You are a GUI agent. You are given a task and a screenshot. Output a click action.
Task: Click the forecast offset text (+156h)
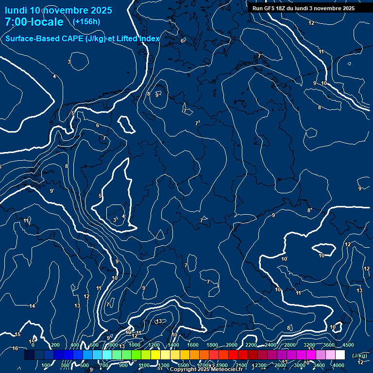click(x=86, y=21)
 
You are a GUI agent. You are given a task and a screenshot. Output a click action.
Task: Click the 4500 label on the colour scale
click(x=348, y=345)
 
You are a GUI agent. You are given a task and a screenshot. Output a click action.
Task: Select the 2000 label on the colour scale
click(x=232, y=345)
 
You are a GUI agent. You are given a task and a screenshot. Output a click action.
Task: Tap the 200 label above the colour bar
click(x=55, y=345)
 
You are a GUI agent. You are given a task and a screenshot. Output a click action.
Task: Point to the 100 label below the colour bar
click(x=46, y=365)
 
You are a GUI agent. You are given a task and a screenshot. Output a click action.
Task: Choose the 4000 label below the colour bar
click(x=339, y=365)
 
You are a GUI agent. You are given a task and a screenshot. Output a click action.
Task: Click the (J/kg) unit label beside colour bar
click(x=360, y=356)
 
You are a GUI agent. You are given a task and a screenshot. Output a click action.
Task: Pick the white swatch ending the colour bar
click(x=340, y=355)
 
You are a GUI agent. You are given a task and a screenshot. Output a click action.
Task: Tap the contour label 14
click(x=32, y=306)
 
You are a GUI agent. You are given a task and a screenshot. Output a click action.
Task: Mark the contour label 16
click(x=15, y=348)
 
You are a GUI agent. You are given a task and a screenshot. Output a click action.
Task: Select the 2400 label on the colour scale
click(x=271, y=345)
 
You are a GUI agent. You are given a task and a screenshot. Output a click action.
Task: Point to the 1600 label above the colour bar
click(x=193, y=345)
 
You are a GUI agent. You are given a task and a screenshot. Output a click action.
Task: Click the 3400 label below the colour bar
click(x=319, y=365)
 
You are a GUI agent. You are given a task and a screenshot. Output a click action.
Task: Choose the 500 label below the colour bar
click(x=85, y=365)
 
